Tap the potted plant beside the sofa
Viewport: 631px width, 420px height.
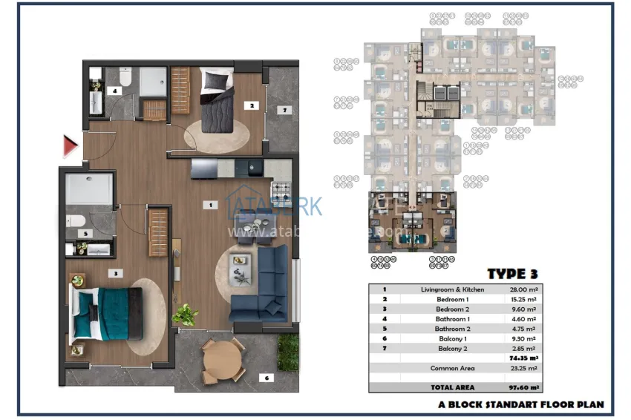[185, 315]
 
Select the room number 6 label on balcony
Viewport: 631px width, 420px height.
[267, 378]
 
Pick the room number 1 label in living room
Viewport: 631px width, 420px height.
[212, 204]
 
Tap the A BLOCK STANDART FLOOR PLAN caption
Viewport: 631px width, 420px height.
[521, 405]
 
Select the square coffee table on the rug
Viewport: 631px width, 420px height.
[239, 260]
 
